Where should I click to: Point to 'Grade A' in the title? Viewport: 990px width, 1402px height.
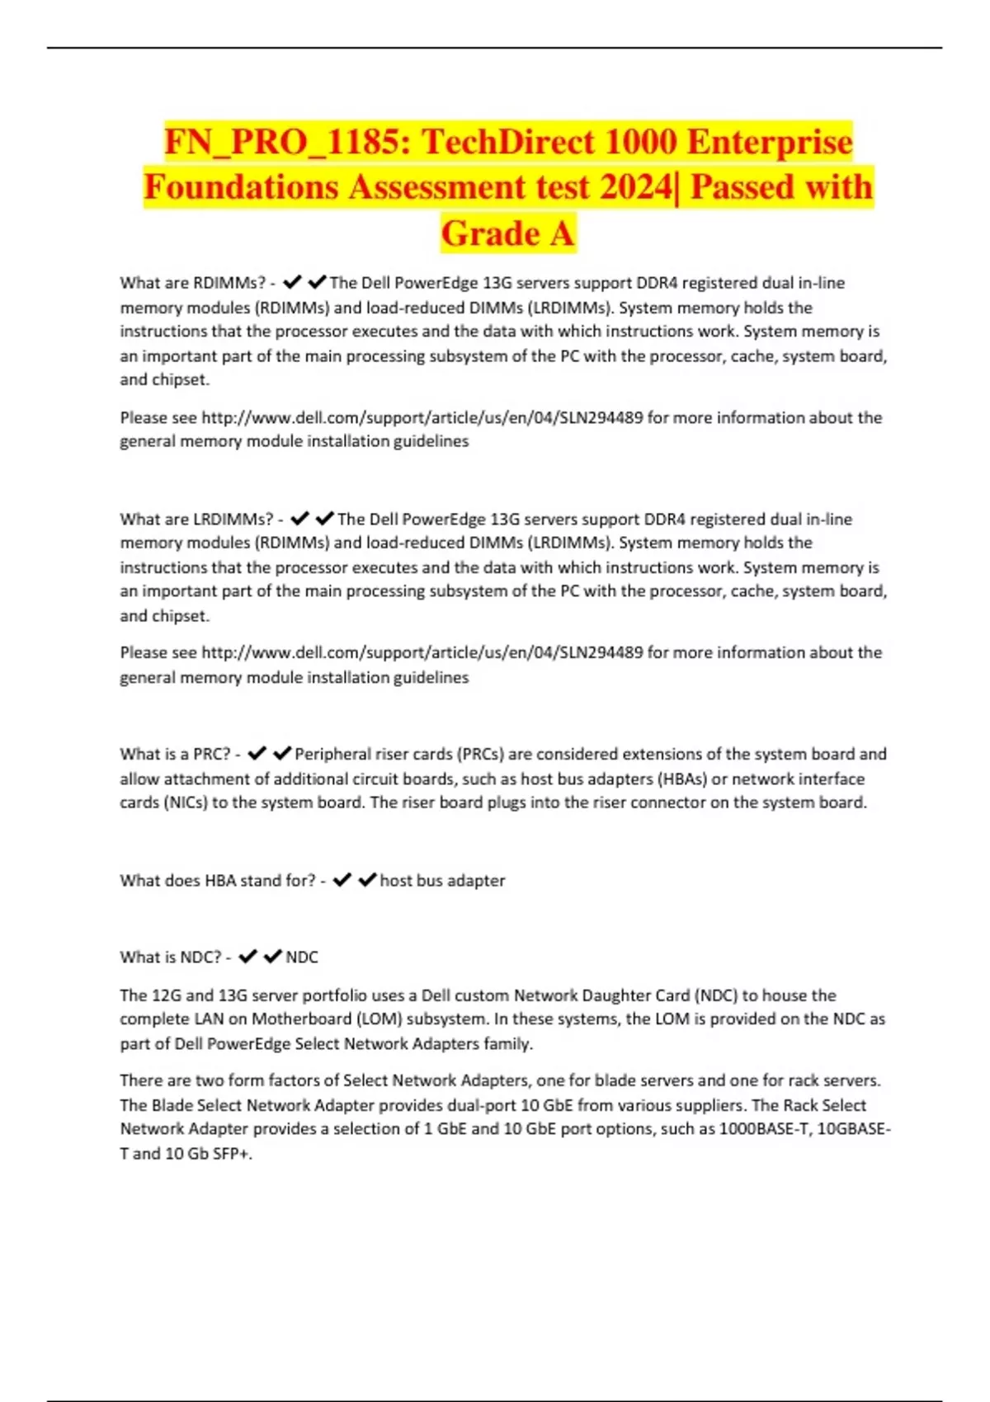point(507,233)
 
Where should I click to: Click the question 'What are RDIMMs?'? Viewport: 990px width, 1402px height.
point(192,283)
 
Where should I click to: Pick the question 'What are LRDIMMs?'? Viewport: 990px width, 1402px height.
point(196,520)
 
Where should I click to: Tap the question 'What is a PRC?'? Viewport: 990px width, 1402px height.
point(175,754)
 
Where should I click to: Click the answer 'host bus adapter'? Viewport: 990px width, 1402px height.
point(442,881)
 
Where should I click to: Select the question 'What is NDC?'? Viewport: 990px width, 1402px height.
point(171,957)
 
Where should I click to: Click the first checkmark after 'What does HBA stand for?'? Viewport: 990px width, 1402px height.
point(342,881)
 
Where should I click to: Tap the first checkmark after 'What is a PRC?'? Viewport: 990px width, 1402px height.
point(257,754)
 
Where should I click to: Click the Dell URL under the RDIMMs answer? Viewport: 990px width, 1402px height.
point(422,417)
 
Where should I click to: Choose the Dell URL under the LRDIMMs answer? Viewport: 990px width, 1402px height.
point(422,652)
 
